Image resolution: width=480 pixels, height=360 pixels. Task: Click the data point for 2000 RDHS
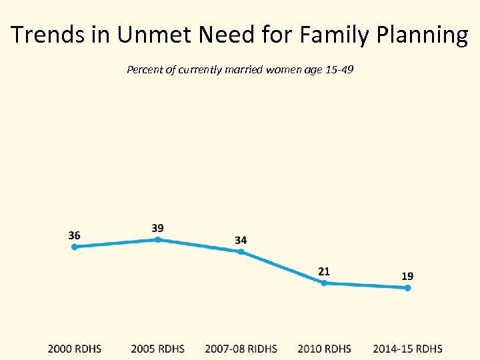pos(74,247)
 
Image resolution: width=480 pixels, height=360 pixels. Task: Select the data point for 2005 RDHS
pos(158,239)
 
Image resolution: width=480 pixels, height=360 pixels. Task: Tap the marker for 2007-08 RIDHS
pos(241,252)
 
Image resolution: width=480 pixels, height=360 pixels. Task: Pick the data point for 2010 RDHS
pos(324,283)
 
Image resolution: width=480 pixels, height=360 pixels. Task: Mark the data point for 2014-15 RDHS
pos(407,288)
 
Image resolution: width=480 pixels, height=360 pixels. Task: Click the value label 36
pos(74,235)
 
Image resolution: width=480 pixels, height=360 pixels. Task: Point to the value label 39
pos(158,228)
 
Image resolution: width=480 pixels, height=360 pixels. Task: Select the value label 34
pos(241,240)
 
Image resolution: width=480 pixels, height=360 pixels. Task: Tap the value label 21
pos(324,271)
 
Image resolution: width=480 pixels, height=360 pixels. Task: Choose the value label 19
pos(407,276)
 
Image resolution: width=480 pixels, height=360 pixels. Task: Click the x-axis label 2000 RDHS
pos(74,349)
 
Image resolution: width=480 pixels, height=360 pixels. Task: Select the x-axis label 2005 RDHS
pos(158,349)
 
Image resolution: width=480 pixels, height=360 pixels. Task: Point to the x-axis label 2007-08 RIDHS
pos(241,349)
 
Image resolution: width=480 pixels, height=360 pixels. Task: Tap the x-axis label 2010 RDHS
pos(324,349)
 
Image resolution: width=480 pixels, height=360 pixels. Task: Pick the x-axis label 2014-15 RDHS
pos(407,349)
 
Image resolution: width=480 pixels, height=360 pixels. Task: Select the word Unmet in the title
pos(138,35)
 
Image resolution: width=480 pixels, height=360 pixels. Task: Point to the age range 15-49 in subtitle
pos(339,69)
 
